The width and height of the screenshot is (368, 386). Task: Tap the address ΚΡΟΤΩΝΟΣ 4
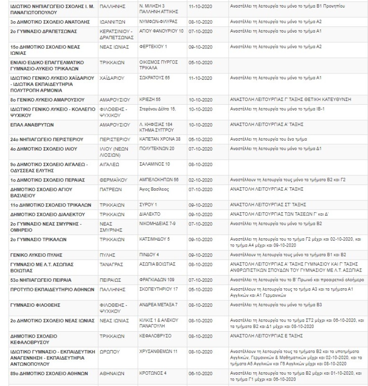[x=153, y=373]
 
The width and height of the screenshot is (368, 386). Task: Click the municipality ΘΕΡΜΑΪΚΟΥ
[x=112, y=180]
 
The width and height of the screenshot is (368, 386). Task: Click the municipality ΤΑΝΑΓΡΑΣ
[x=110, y=264]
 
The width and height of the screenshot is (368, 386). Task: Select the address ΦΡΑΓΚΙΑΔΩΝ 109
[x=157, y=279]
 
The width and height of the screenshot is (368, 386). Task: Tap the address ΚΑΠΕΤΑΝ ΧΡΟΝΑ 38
[x=160, y=139]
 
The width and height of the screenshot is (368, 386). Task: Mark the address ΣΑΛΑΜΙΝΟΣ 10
[x=154, y=164]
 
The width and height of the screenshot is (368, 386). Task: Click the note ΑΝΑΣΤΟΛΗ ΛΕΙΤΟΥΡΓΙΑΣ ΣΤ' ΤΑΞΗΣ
[x=268, y=204]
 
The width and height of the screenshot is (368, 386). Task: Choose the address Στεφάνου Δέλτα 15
[x=157, y=109]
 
